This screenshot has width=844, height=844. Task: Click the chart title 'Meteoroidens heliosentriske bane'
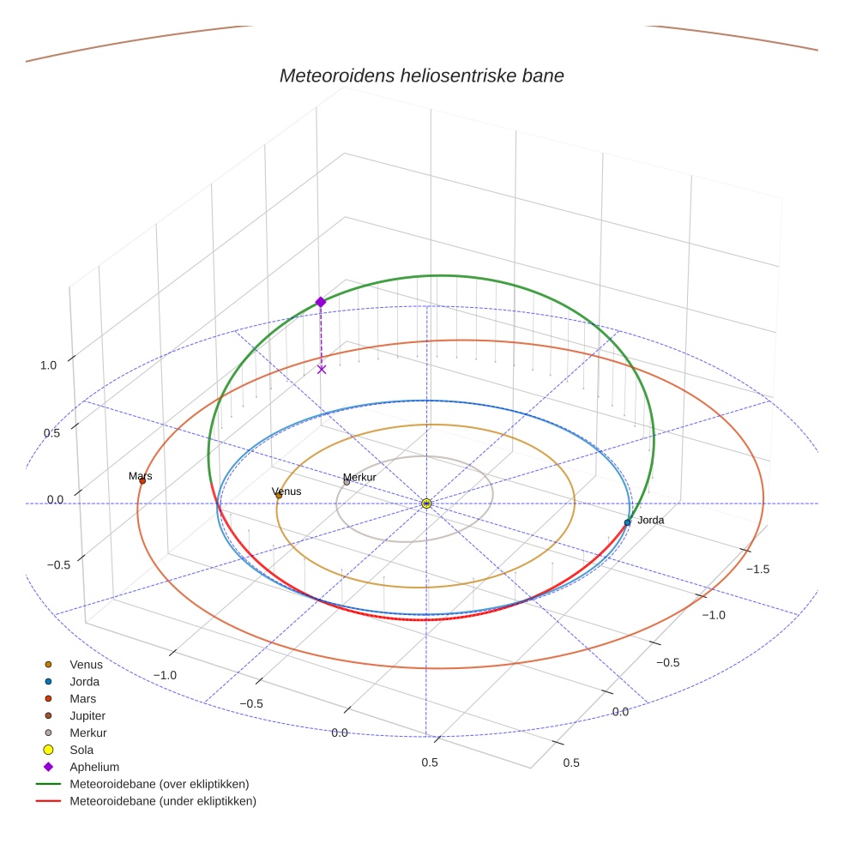(421, 75)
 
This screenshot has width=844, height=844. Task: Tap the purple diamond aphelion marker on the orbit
(321, 302)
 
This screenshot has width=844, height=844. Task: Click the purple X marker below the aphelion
(322, 370)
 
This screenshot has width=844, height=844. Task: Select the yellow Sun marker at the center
(426, 503)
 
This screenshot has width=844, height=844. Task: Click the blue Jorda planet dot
(627, 522)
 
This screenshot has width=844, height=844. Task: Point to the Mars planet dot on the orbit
(142, 481)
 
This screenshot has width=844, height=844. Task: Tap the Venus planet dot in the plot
(279, 495)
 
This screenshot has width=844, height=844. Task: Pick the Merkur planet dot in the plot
(347, 482)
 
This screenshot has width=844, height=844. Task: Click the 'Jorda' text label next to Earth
(650, 520)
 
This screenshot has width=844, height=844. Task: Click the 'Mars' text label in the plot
(141, 475)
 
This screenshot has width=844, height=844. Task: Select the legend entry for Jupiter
(87, 715)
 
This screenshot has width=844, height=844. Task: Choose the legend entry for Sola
(81, 750)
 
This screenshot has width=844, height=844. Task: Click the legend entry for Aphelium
(94, 767)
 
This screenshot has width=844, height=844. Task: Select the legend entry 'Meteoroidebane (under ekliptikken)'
(162, 801)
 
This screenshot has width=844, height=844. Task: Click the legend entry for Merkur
(87, 732)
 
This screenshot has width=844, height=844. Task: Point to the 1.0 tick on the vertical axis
(48, 365)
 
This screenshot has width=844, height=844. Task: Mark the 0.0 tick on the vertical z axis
(55, 499)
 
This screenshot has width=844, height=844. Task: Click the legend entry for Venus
(86, 664)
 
